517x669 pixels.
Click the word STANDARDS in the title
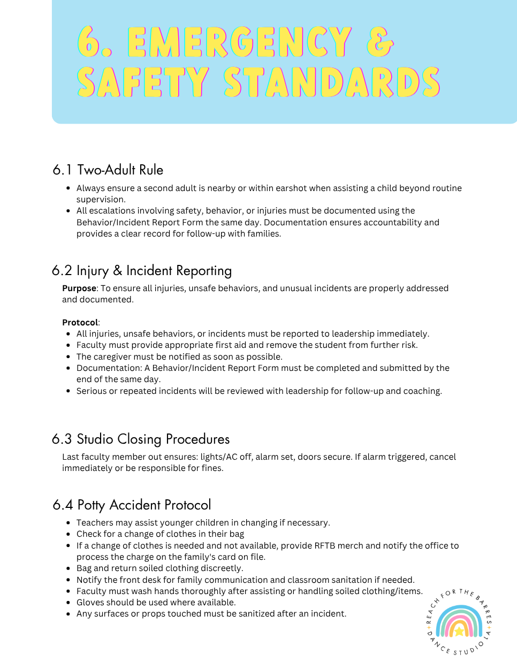pos(332,83)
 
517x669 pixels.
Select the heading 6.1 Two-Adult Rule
pos(108,170)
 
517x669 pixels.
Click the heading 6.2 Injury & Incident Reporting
pos(142,271)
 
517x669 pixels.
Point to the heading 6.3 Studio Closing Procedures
pos(141,439)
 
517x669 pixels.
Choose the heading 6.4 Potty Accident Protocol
pos(132,505)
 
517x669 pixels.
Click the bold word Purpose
pos(79,288)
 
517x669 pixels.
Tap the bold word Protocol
pos(80,323)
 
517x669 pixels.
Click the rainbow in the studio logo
pos(459,621)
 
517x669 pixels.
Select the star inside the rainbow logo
pos(459,632)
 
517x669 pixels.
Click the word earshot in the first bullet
pos(292,188)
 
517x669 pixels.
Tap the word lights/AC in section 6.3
pos(219,457)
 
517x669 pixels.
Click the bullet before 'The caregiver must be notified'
pos(69,357)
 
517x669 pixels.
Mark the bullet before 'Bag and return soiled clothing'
pos(69,568)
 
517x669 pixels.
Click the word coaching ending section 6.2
pos(422,391)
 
